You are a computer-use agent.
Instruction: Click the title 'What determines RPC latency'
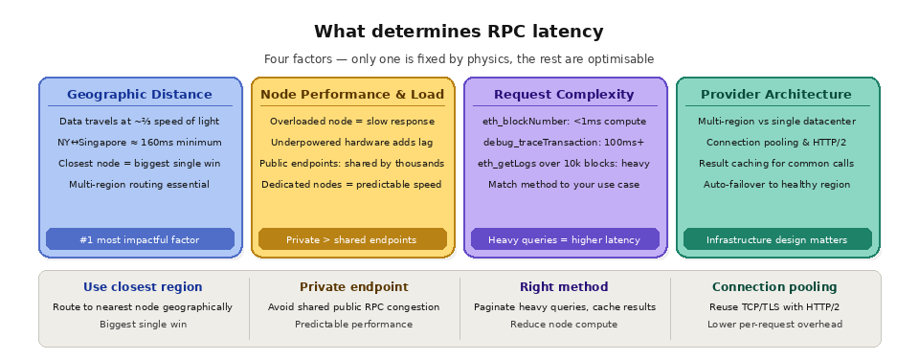pyautogui.click(x=459, y=32)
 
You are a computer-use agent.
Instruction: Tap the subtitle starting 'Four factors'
pyautogui.click(x=459, y=59)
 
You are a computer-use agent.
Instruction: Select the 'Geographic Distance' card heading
pyautogui.click(x=140, y=95)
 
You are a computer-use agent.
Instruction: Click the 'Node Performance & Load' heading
pyautogui.click(x=352, y=95)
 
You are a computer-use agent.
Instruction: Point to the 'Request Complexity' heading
pyautogui.click(x=564, y=95)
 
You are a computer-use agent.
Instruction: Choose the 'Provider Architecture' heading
pyautogui.click(x=775, y=95)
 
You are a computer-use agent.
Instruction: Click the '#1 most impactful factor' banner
pyautogui.click(x=140, y=239)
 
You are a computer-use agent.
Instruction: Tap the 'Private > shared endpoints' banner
pyautogui.click(x=352, y=239)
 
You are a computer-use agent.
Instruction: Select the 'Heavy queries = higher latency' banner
pyautogui.click(x=564, y=239)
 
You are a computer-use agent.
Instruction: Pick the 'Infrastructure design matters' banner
pyautogui.click(x=775, y=239)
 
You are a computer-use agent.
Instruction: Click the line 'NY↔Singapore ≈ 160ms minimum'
pyautogui.click(x=140, y=143)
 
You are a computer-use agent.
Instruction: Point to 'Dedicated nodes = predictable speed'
pyautogui.click(x=352, y=185)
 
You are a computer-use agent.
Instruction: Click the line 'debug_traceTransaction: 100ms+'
pyautogui.click(x=564, y=143)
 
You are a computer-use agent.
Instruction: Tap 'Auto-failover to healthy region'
pyautogui.click(x=775, y=185)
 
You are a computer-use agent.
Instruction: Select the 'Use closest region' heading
pyautogui.click(x=143, y=287)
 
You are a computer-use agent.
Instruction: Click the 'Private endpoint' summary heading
pyautogui.click(x=353, y=287)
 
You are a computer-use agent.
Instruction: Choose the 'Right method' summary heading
pyautogui.click(x=564, y=287)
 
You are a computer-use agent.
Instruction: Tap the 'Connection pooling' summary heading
pyautogui.click(x=774, y=287)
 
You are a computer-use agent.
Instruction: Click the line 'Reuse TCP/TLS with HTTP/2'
pyautogui.click(x=774, y=307)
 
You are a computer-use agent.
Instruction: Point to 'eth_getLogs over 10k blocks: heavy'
pyautogui.click(x=564, y=164)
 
